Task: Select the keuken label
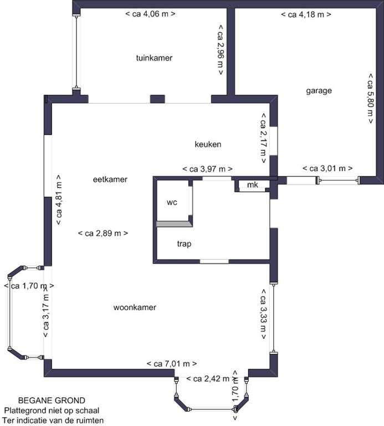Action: (208, 145)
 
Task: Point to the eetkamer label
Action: (110, 180)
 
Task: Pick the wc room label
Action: (172, 202)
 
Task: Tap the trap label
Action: (184, 244)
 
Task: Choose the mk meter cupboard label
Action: (253, 185)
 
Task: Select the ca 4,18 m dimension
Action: (306, 14)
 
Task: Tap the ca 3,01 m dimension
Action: (328, 168)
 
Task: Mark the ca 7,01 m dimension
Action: (172, 364)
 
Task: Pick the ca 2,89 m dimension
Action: (104, 234)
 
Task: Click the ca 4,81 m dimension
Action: (58, 199)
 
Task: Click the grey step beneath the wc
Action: (173, 224)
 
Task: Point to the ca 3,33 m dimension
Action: (264, 314)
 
